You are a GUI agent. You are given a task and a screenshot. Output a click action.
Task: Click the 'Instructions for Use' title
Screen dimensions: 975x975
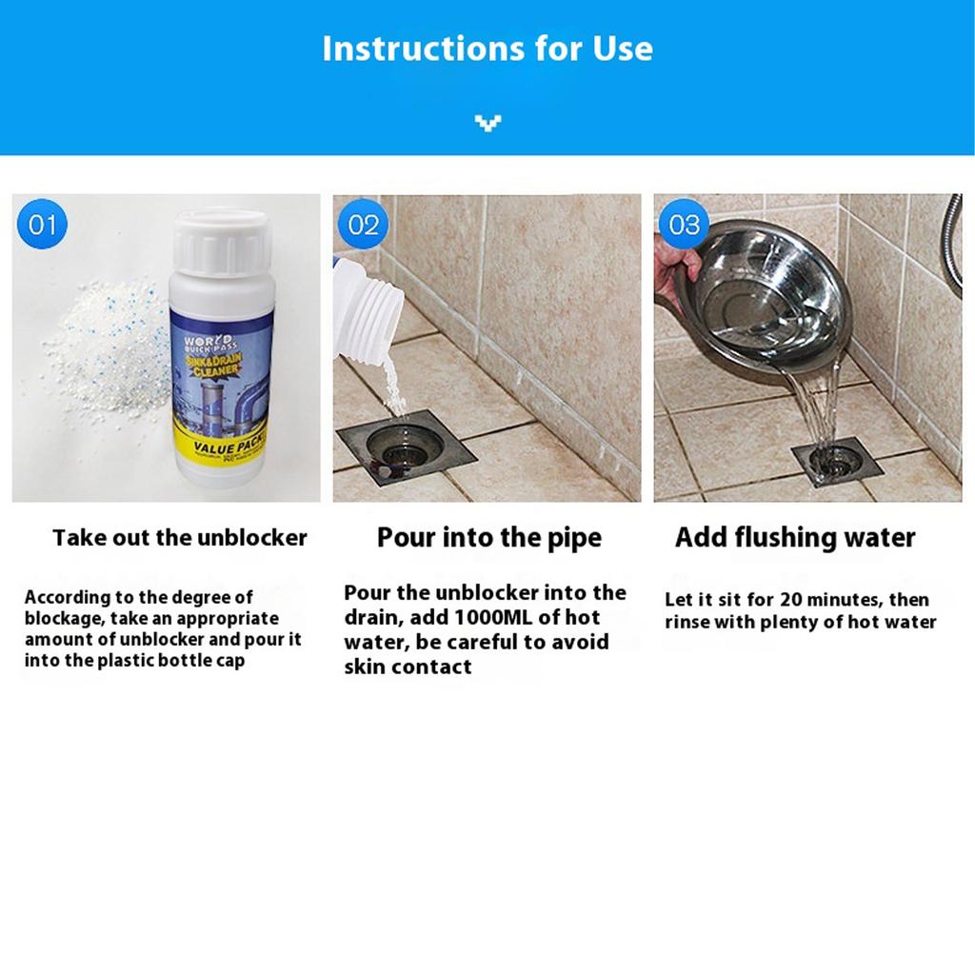click(487, 48)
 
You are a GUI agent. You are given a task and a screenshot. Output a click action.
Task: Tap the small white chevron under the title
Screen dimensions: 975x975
click(487, 122)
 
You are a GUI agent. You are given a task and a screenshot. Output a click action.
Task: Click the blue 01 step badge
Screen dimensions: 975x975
click(43, 225)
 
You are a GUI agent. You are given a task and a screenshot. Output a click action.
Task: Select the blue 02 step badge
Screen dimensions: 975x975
click(363, 225)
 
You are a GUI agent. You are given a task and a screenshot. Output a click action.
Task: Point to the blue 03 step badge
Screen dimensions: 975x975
click(684, 225)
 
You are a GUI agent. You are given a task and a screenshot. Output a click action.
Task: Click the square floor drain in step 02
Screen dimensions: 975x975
click(406, 446)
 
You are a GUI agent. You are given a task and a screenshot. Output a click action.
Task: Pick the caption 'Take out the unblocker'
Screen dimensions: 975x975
click(180, 538)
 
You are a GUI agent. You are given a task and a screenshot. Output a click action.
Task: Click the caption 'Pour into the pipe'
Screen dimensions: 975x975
click(489, 538)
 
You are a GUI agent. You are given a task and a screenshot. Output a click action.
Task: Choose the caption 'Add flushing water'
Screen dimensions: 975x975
click(795, 538)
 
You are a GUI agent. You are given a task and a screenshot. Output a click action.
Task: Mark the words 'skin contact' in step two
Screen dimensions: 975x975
click(408, 667)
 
